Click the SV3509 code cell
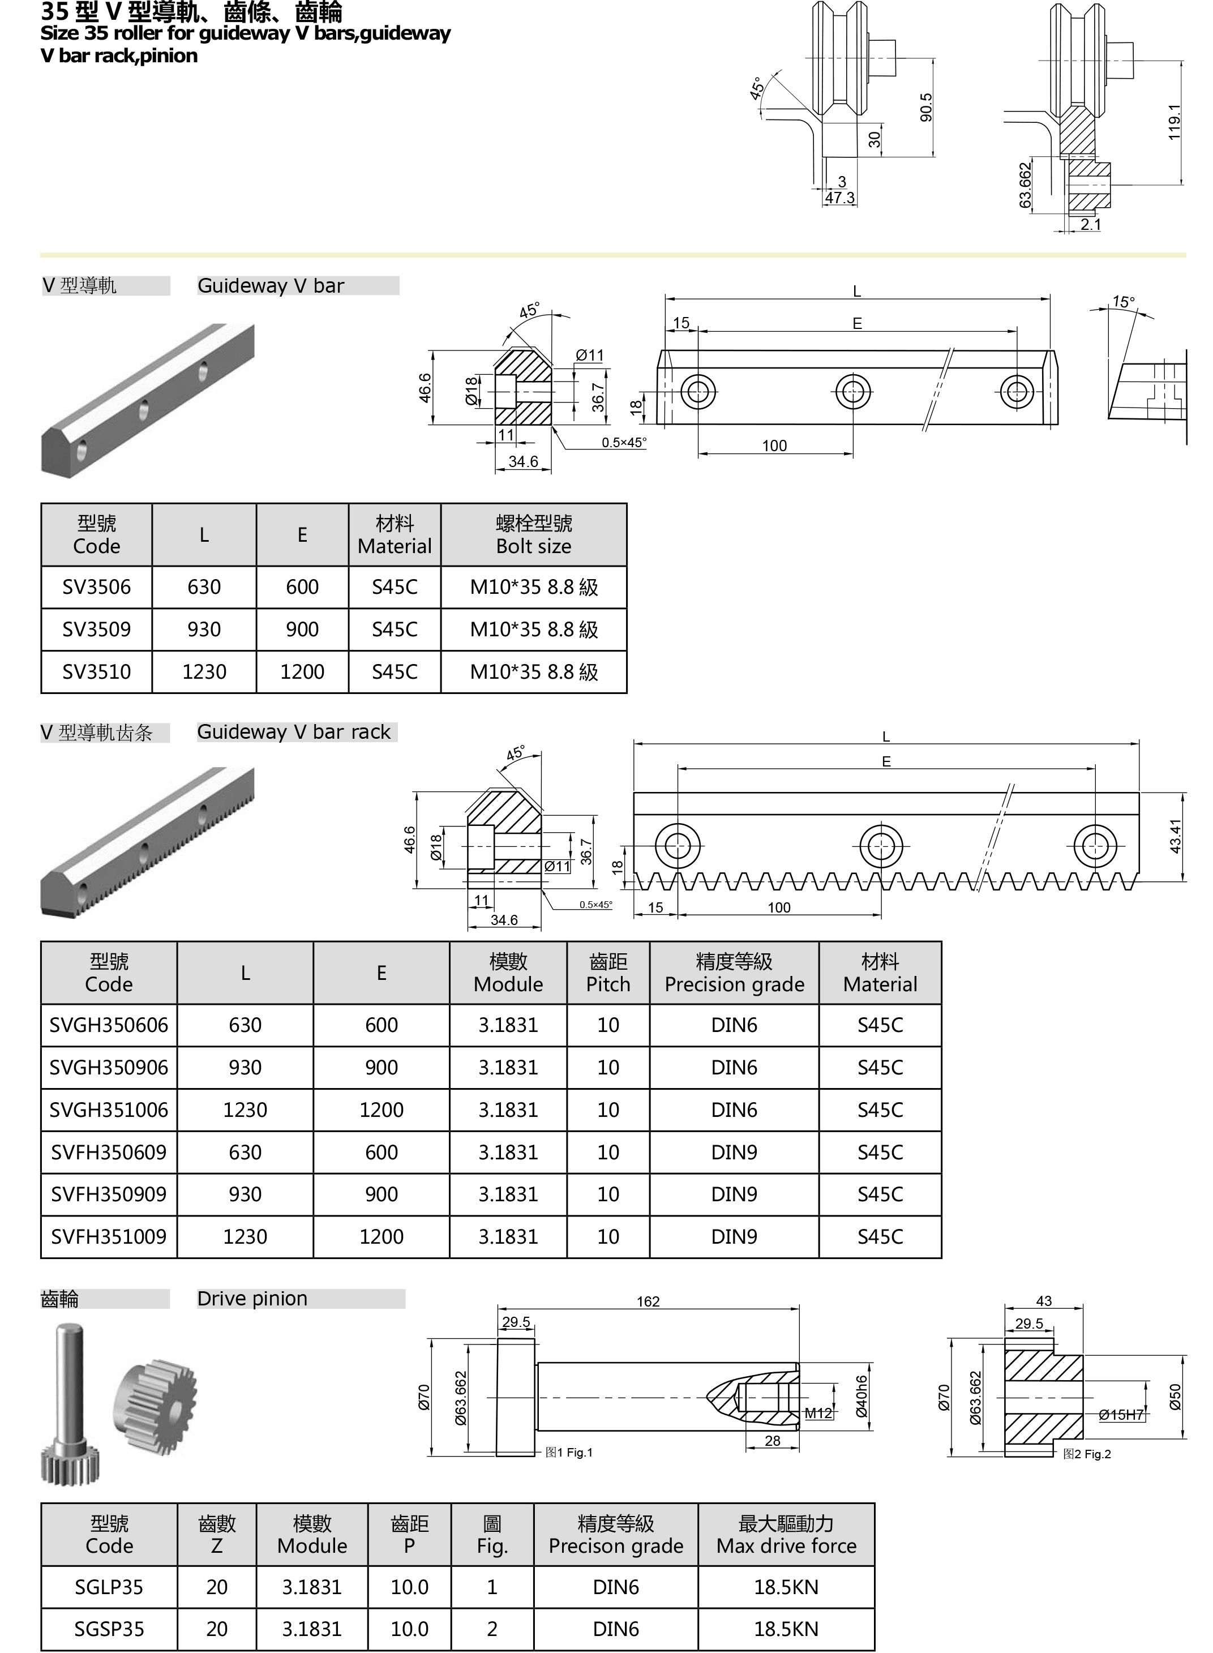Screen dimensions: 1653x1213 pyautogui.click(x=96, y=629)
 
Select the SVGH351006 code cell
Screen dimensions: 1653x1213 pyautogui.click(x=109, y=1110)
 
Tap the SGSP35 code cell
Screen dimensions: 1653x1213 pyautogui.click(x=109, y=1629)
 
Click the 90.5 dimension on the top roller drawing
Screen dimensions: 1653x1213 pyautogui.click(x=926, y=107)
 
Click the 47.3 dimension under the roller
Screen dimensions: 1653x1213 pyautogui.click(x=839, y=198)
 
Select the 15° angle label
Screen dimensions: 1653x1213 pyautogui.click(x=1122, y=302)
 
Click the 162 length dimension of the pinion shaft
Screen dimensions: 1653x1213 pyautogui.click(x=648, y=1301)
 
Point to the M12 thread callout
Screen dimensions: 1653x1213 pyautogui.click(x=818, y=1412)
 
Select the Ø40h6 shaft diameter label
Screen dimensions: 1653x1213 pyautogui.click(x=862, y=1396)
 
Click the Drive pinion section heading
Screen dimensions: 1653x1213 pyautogui.click(x=252, y=1298)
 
